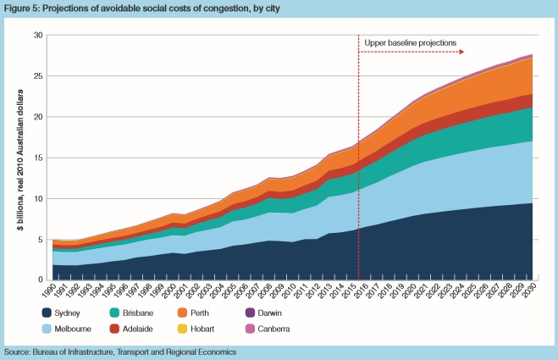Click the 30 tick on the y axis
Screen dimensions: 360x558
coord(38,36)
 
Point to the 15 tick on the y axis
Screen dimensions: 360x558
coord(38,158)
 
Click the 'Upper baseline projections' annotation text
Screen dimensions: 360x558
coord(411,42)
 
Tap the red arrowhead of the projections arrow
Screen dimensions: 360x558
coord(463,52)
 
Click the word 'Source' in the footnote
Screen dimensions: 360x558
coord(18,351)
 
